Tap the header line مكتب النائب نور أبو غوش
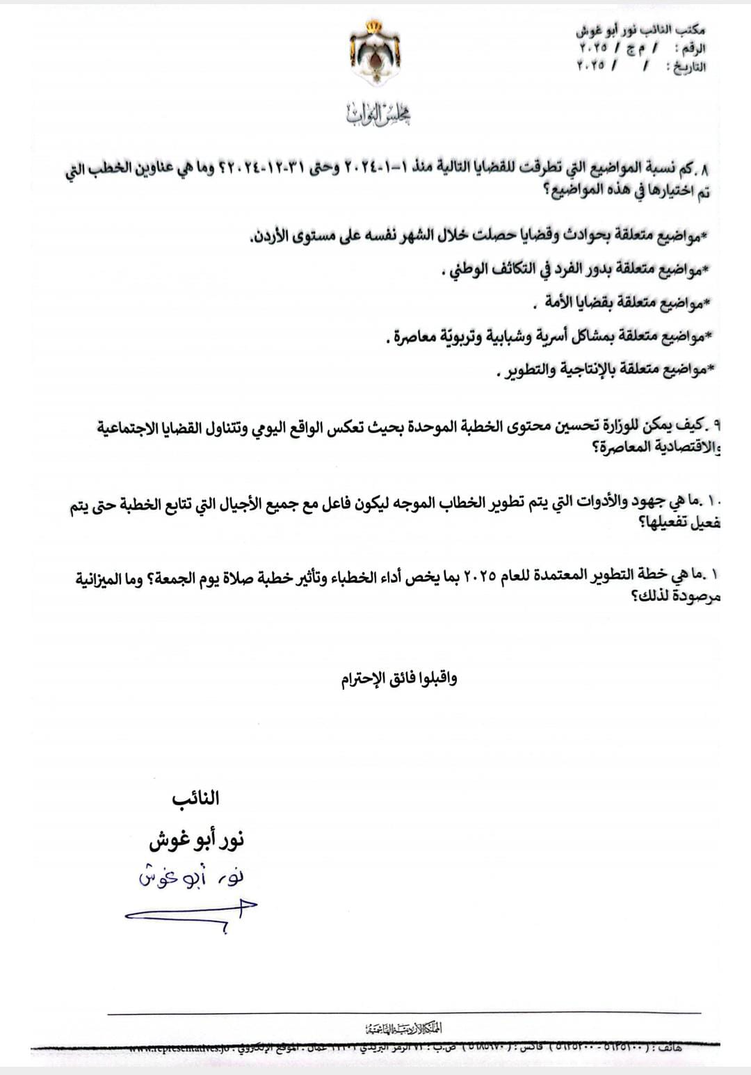click(x=640, y=31)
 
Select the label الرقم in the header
click(x=693, y=49)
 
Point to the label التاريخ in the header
click(x=686, y=67)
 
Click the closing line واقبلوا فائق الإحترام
click(x=399, y=679)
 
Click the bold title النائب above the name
click(x=195, y=798)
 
